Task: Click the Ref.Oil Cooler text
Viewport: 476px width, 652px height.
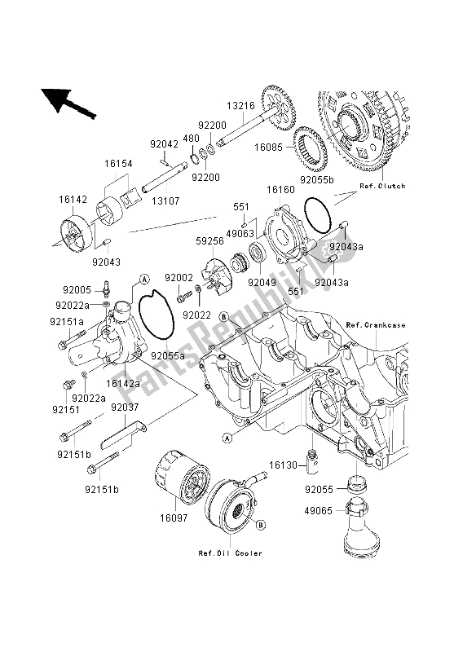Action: coord(230,553)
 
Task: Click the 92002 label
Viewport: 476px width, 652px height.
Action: coord(177,278)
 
